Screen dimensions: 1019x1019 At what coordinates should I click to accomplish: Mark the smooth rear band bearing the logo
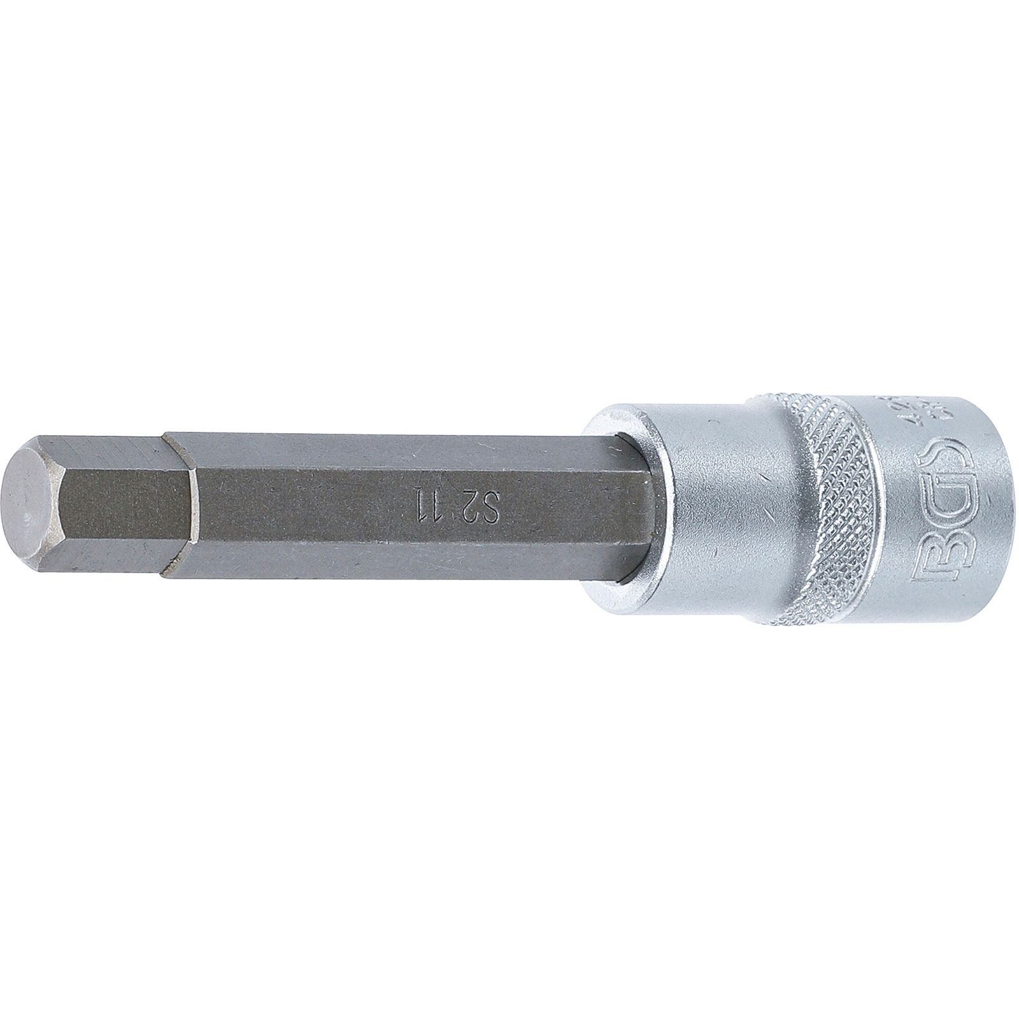[x=943, y=503]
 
